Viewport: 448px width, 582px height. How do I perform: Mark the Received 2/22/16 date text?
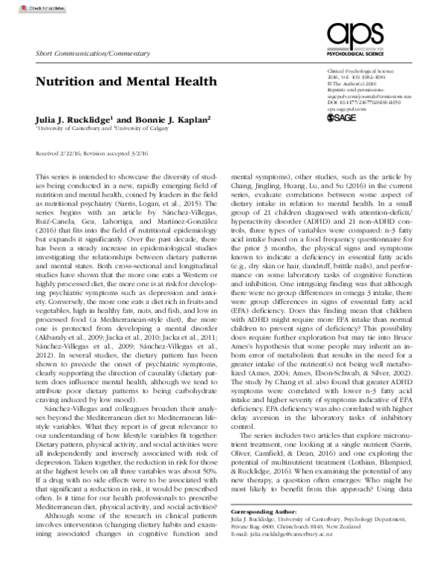click(x=59, y=152)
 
